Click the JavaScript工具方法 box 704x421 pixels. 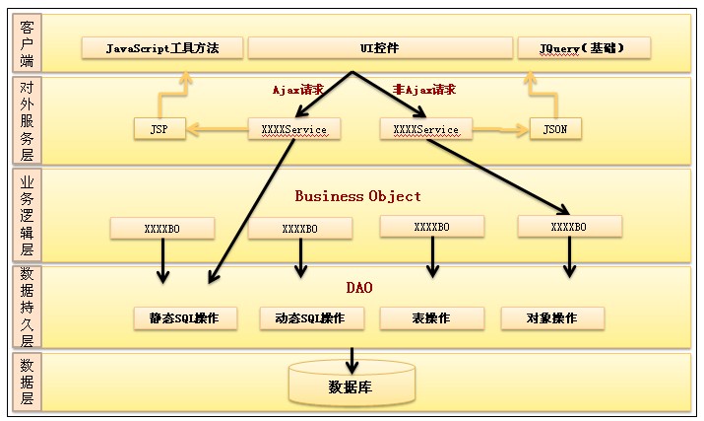162,47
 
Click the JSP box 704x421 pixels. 160,128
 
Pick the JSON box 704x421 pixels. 555,128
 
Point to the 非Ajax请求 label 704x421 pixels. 424,89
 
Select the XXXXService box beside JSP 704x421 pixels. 293,128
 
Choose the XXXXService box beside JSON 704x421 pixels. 425,128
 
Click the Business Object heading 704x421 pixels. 358,196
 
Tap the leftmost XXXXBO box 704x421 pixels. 162,228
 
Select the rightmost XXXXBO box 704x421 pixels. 569,227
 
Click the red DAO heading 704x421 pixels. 358,288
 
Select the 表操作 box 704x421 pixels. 429,318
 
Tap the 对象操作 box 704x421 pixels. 552,318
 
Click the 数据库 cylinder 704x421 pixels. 351,385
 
